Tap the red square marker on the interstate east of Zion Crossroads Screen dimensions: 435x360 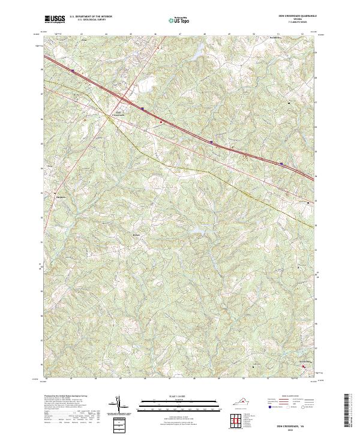pos(161,121)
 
